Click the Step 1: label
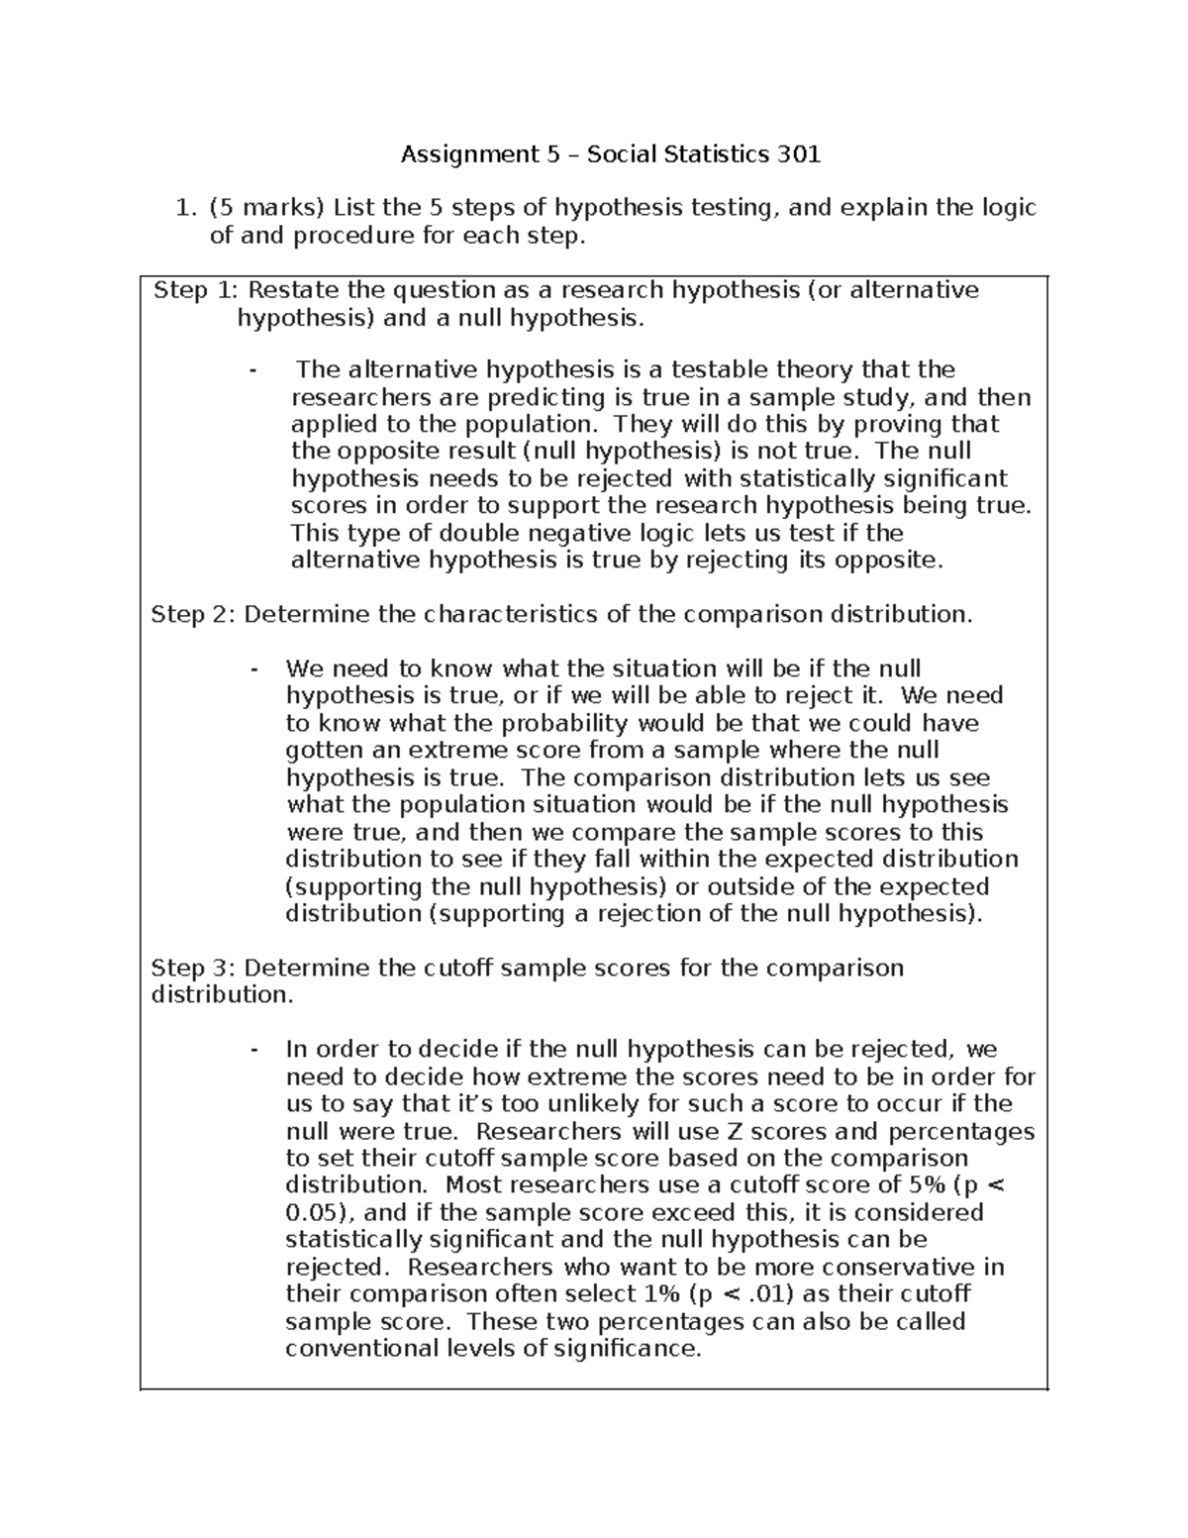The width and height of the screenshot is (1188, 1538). (196, 290)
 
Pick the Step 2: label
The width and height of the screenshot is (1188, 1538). (193, 615)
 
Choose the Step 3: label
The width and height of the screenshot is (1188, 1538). (193, 968)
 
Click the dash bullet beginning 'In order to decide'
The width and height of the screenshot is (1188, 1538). (255, 1050)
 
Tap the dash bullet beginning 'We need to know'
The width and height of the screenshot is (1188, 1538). (255, 669)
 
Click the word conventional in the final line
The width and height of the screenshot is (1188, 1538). (360, 1349)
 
